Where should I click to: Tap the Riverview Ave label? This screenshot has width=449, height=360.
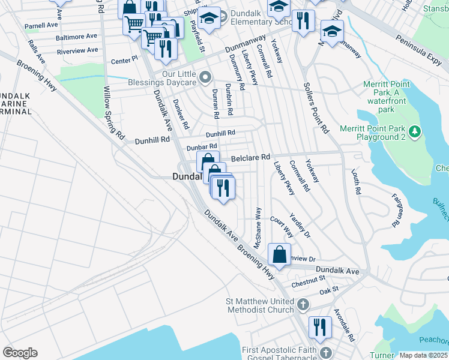(76, 51)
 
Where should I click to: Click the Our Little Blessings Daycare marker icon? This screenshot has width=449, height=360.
(206, 76)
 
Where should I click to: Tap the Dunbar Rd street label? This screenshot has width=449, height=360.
(201, 147)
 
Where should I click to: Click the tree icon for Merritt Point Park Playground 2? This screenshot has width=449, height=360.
(414, 131)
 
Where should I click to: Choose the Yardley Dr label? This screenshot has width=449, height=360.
(300, 223)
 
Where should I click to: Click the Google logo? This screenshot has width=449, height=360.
(20, 352)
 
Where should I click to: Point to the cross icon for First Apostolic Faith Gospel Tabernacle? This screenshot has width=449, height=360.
(325, 352)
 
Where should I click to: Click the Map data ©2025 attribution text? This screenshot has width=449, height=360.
(423, 355)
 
